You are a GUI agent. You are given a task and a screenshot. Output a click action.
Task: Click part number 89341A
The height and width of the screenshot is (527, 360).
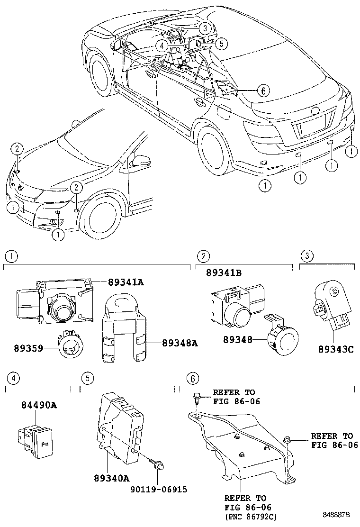126,282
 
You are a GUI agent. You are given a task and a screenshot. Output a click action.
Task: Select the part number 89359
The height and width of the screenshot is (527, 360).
28,348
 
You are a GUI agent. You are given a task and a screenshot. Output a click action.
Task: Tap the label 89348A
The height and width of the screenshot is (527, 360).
180,343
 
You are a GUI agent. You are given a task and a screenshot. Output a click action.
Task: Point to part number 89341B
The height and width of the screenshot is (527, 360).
224,273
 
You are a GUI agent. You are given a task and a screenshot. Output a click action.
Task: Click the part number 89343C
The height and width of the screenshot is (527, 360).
336,350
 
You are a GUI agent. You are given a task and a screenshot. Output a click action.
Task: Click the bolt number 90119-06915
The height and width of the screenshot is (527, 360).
159,490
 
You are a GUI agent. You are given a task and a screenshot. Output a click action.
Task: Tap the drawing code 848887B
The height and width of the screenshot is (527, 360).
336,515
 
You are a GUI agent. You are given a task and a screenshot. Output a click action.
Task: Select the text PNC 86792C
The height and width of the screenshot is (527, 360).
251,516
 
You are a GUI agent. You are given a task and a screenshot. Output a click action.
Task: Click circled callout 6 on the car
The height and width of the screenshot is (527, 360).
263,91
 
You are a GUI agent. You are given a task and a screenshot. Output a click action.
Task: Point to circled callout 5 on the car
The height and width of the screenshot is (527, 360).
221,43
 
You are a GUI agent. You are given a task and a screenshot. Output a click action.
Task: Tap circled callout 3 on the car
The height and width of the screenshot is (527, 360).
205,28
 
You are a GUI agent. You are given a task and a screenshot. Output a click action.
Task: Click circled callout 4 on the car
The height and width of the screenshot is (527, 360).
162,45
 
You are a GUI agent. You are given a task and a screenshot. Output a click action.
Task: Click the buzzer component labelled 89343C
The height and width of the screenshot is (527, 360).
333,306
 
